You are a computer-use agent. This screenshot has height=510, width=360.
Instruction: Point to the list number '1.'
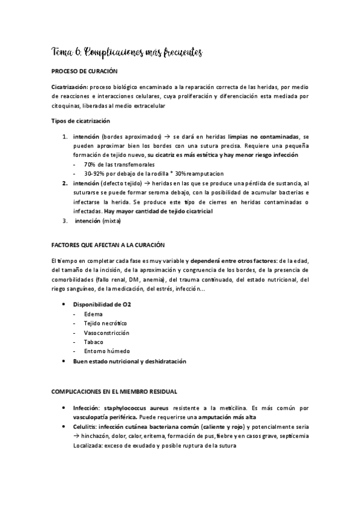click(x=65, y=137)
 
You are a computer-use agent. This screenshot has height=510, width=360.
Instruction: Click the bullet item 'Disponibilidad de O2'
click(x=102, y=305)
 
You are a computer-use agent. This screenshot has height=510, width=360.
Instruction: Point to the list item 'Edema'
click(x=93, y=314)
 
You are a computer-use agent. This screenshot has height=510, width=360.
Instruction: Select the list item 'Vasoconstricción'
click(x=107, y=333)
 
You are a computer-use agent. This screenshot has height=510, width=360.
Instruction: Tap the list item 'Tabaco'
click(x=94, y=342)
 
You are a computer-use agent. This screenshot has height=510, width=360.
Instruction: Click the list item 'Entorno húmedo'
click(x=106, y=351)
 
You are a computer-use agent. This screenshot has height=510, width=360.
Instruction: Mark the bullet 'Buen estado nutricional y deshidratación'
click(x=130, y=361)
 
